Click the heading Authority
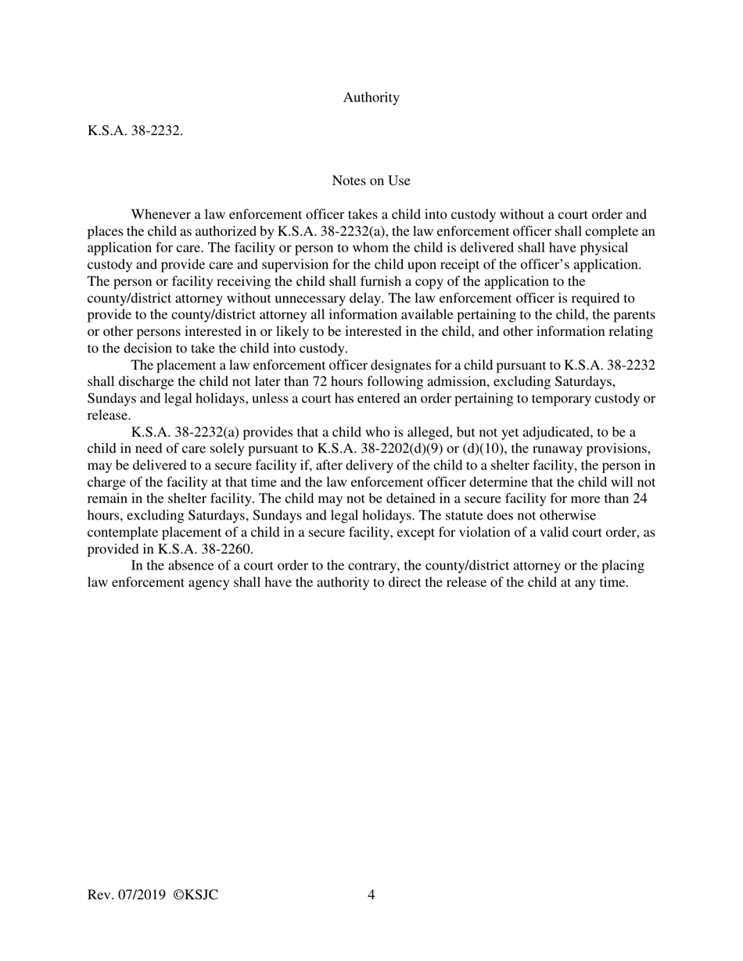[371, 98]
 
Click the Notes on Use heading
[371, 180]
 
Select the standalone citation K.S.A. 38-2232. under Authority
[135, 131]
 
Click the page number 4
[371, 895]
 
